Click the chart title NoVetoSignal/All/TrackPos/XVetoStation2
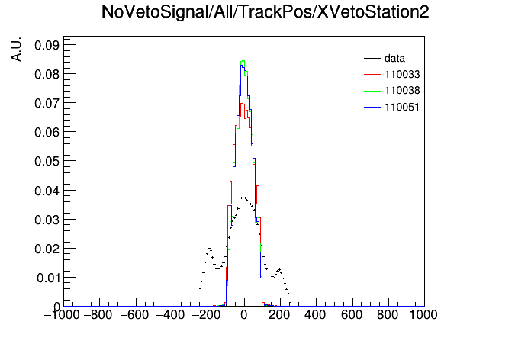[x=265, y=12]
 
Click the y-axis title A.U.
[x=16, y=49]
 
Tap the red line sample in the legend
[x=372, y=75]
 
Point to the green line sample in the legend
[x=372, y=91]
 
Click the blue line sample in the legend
[x=372, y=108]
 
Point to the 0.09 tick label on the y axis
[x=47, y=45]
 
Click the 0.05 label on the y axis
[x=47, y=161]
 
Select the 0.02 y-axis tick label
[x=47, y=249]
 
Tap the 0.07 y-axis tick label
[x=47, y=103]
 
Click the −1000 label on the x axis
[x=62, y=315]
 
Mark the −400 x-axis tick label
[x=171, y=315]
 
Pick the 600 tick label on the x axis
[x=352, y=315]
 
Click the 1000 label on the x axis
[x=423, y=315]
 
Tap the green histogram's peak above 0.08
[x=243, y=61]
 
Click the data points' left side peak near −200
[x=209, y=249]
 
